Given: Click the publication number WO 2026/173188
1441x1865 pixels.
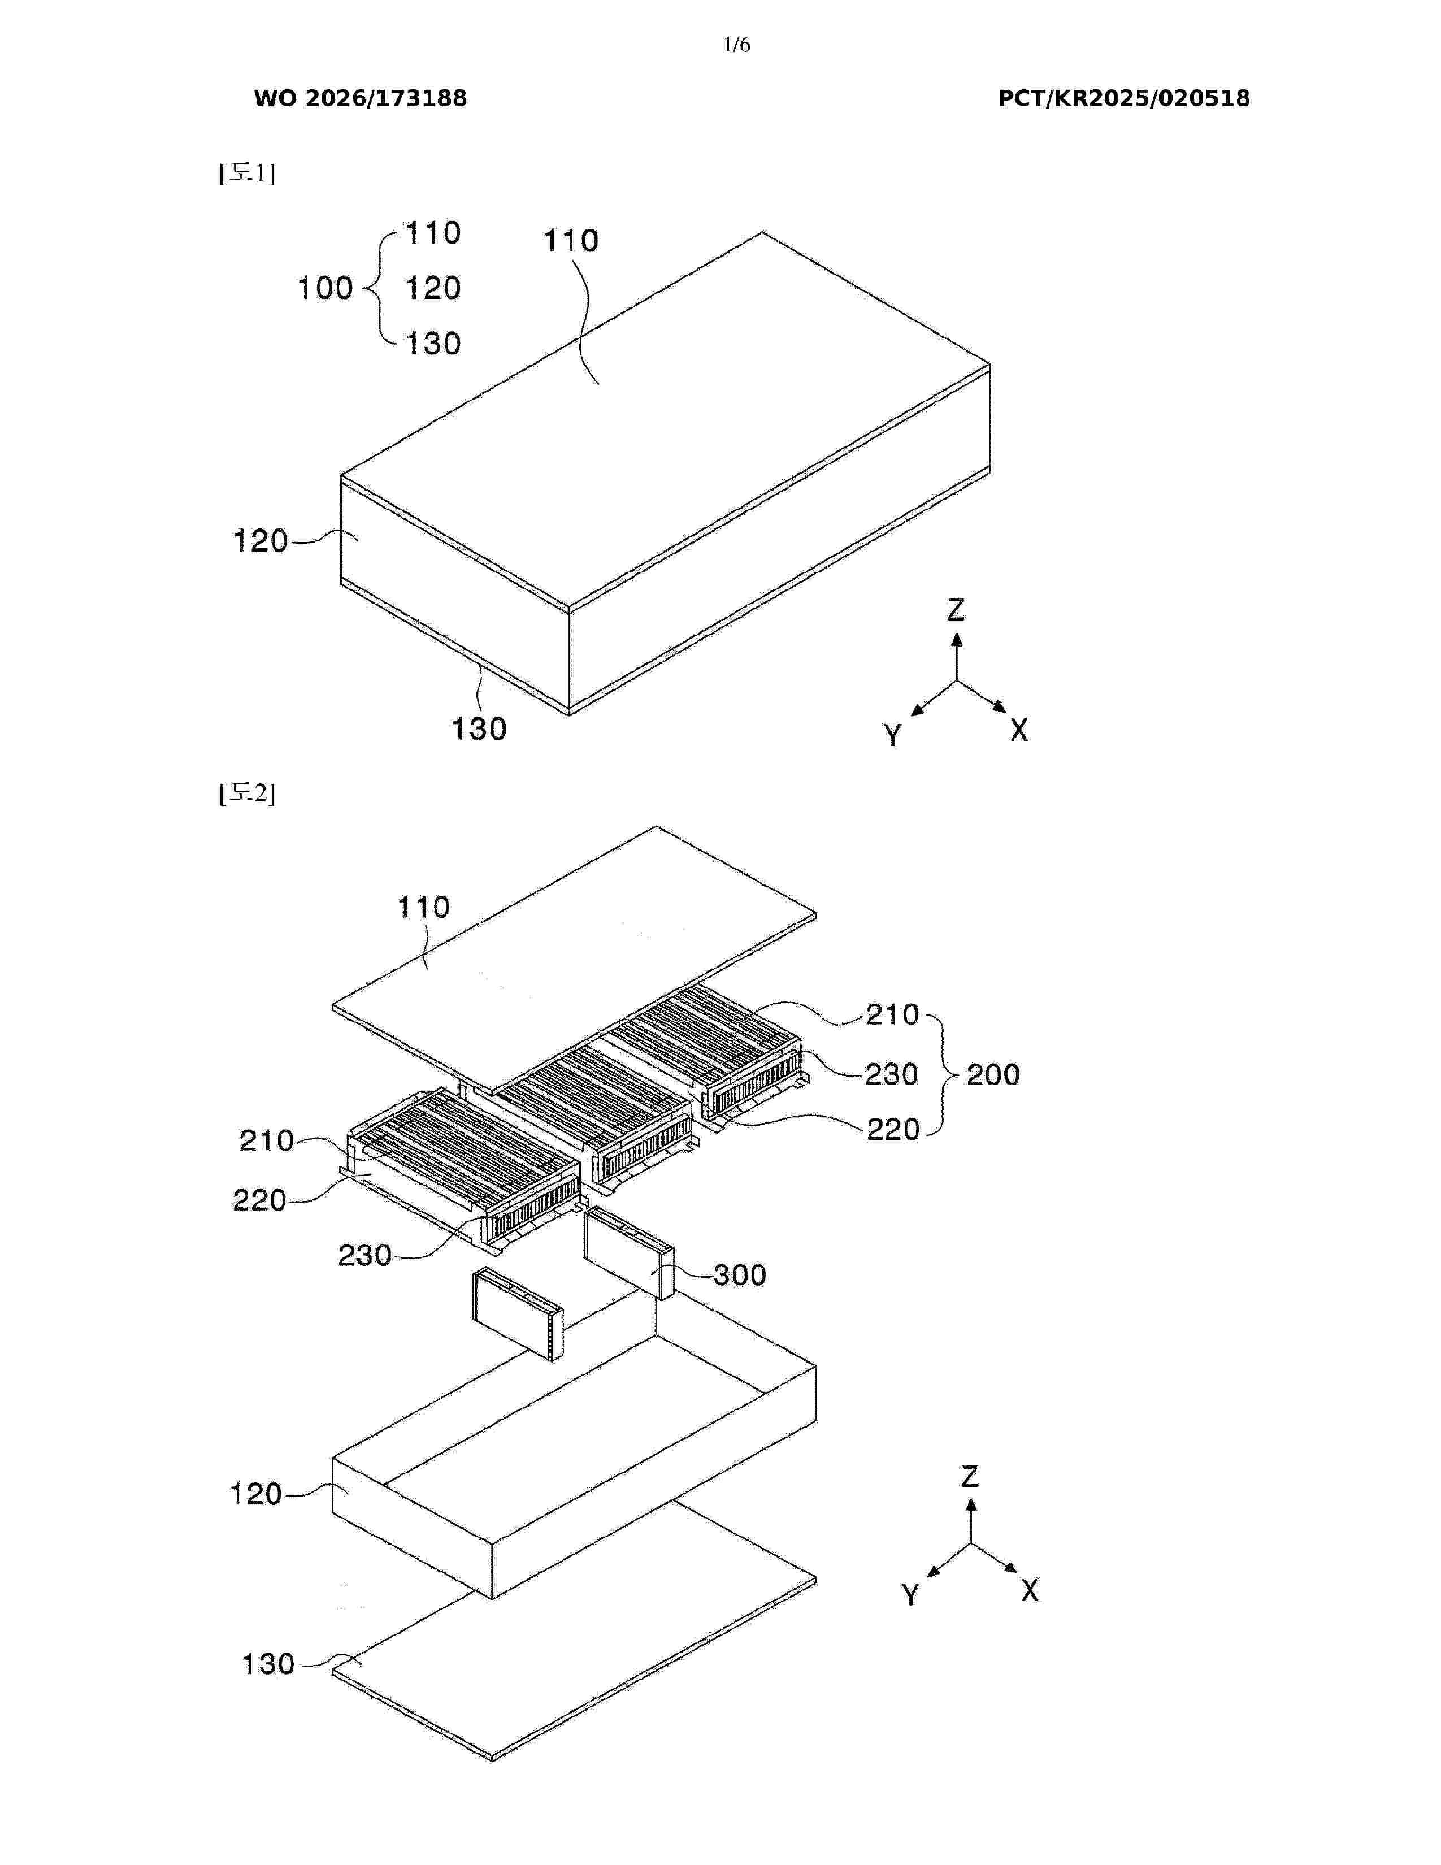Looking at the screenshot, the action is pyautogui.click(x=361, y=98).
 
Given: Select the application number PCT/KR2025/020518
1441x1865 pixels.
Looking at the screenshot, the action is pyautogui.click(x=1123, y=98).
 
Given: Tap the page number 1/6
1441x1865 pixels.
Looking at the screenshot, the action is pyautogui.click(x=736, y=45).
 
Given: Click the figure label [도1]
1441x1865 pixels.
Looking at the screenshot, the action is pyautogui.click(x=247, y=174).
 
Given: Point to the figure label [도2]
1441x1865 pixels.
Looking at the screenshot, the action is pyautogui.click(x=247, y=793).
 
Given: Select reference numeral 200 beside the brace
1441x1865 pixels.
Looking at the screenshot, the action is pyautogui.click(x=993, y=1074).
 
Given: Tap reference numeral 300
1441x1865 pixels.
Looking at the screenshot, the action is pyautogui.click(x=739, y=1275).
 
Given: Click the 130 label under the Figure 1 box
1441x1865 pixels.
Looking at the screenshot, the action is pyautogui.click(x=479, y=728).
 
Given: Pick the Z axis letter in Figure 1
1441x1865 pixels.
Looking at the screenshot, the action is pyautogui.click(x=956, y=610).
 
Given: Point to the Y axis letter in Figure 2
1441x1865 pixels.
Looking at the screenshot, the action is pyautogui.click(x=911, y=1594).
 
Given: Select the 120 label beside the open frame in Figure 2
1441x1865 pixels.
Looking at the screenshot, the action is pyautogui.click(x=256, y=1494).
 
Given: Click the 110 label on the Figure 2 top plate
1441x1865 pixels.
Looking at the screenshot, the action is pyautogui.click(x=423, y=907).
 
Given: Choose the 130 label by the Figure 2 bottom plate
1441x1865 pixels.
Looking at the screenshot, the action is pyautogui.click(x=268, y=1664).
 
